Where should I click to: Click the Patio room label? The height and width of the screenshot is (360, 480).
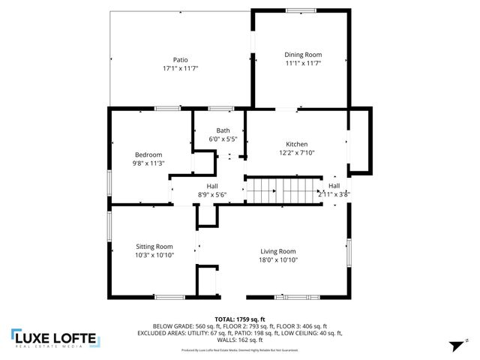coord(180,60)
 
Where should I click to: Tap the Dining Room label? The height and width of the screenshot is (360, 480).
coord(302,54)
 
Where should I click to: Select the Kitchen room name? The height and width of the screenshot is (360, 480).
coord(296,144)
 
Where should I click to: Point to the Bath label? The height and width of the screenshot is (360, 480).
coord(223,130)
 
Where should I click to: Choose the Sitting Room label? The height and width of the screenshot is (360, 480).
coord(154,246)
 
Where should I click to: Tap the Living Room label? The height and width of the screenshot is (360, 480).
coord(278,251)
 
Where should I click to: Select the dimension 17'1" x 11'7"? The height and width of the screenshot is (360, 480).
coord(180,68)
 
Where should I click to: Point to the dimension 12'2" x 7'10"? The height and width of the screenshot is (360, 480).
coord(296,152)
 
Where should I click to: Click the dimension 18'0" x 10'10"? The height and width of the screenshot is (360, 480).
coord(278,259)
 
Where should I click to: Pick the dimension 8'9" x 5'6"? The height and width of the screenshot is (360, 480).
coord(212,194)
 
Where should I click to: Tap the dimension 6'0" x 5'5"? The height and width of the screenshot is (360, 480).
coord(223,139)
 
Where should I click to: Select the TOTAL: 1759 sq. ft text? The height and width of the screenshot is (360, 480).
coord(240,319)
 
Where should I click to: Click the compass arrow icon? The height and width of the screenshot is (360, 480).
coord(454,346)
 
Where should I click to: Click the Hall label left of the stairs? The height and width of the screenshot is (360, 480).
coord(212,186)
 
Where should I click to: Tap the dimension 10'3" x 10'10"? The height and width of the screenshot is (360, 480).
coord(154,254)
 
